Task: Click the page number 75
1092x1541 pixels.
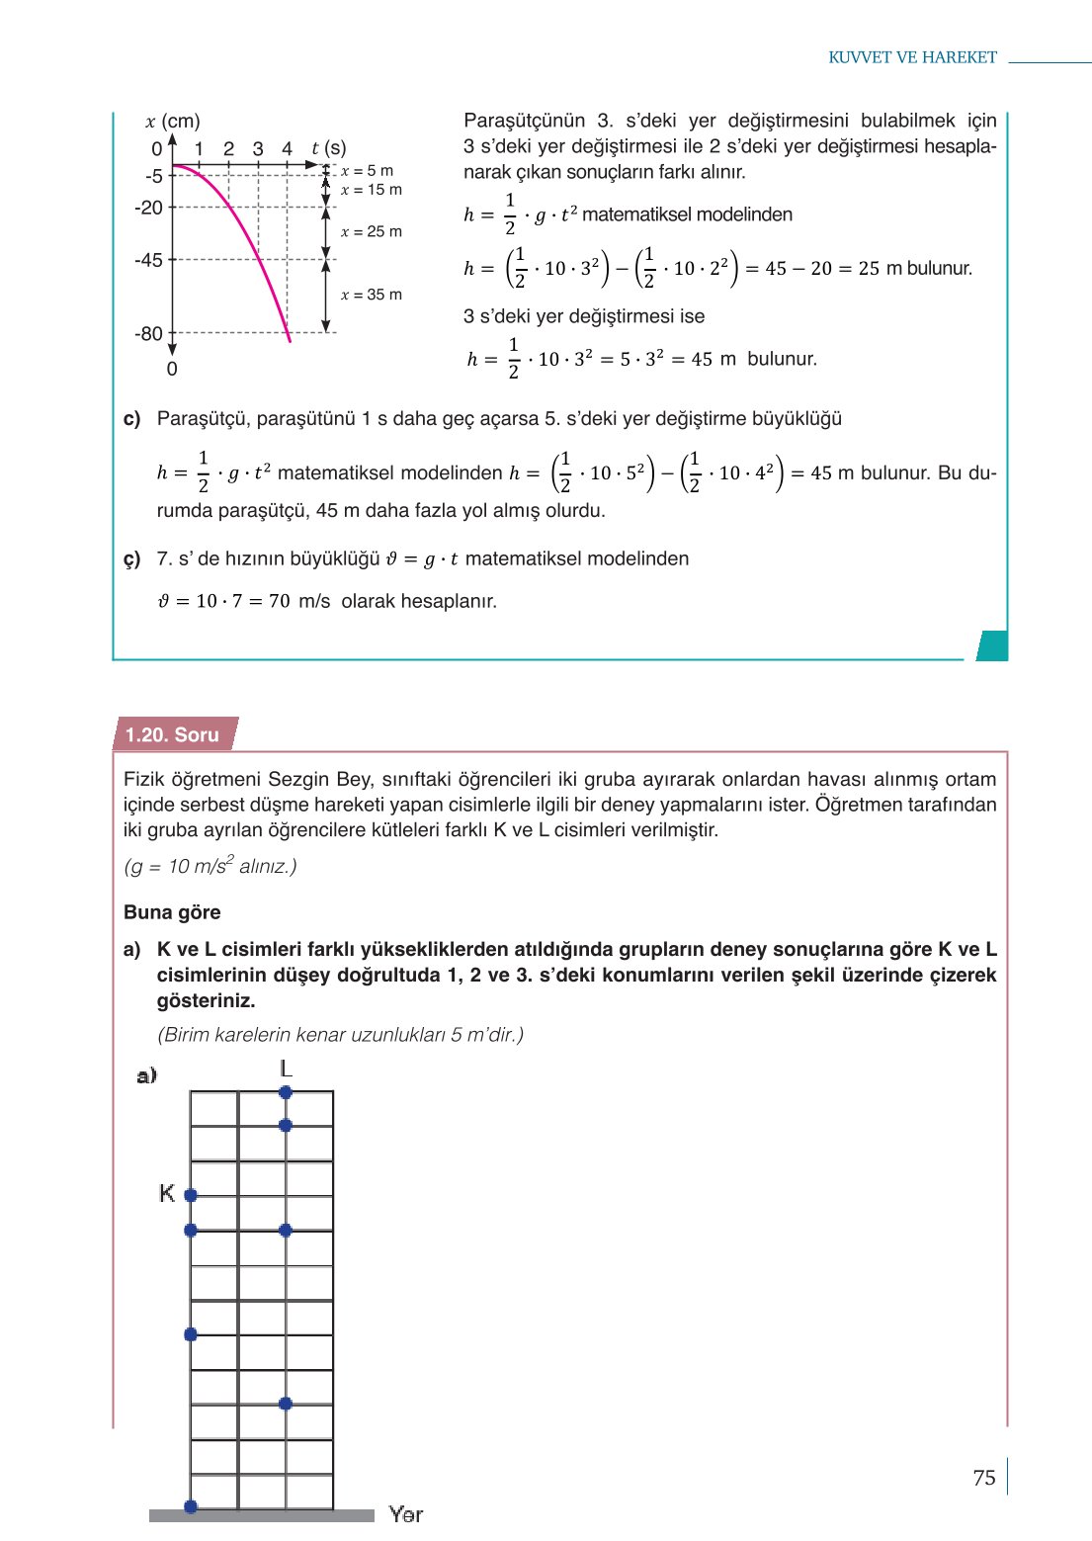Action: pyautogui.click(x=983, y=1478)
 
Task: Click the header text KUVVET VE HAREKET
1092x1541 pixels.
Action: pyautogui.click(x=912, y=57)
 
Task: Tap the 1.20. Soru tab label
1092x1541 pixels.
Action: pyautogui.click(x=173, y=734)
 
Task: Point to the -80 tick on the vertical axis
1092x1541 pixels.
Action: pyautogui.click(x=149, y=334)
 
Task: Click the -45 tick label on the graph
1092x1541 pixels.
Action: pyautogui.click(x=149, y=260)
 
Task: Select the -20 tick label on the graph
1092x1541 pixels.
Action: pyautogui.click(x=149, y=208)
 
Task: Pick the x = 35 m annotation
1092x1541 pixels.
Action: pyautogui.click(x=371, y=295)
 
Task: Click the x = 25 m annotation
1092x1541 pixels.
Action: pyautogui.click(x=371, y=231)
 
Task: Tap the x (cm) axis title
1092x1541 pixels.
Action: pyautogui.click(x=173, y=122)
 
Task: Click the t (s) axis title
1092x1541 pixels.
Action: pyautogui.click(x=328, y=148)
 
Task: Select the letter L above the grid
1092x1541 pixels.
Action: pyautogui.click(x=286, y=1069)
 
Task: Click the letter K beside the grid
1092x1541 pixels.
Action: pyautogui.click(x=167, y=1194)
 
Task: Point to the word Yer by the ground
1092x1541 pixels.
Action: pyautogui.click(x=405, y=1514)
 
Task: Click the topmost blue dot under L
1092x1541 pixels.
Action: pyautogui.click(x=286, y=1092)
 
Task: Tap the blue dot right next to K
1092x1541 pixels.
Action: pyautogui.click(x=191, y=1195)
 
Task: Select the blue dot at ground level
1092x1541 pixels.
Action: pyautogui.click(x=191, y=1506)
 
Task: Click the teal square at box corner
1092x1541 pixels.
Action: pyautogui.click(x=992, y=645)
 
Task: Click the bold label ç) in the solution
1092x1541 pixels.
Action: pyautogui.click(x=132, y=559)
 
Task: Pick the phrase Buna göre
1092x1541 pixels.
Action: pyautogui.click(x=172, y=912)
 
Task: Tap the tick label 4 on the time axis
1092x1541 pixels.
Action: pyautogui.click(x=287, y=149)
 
